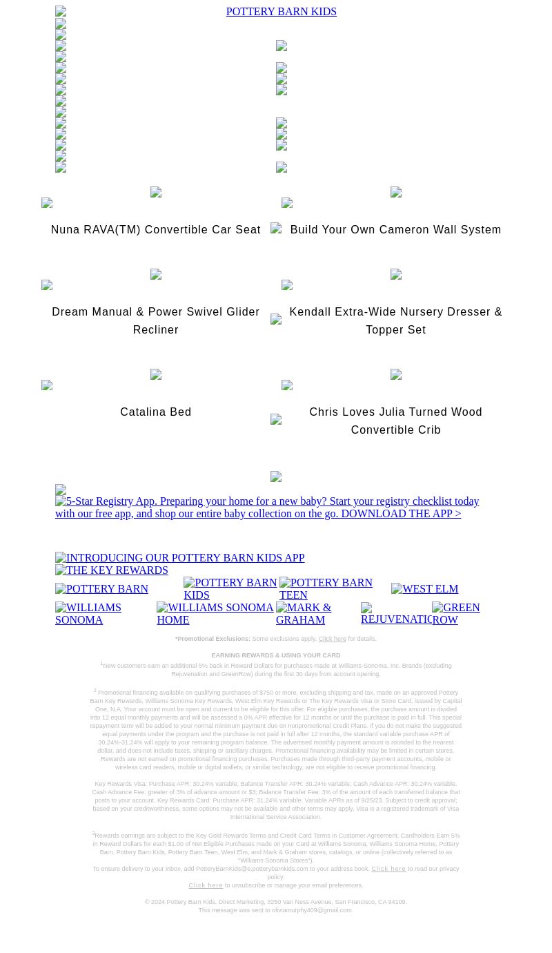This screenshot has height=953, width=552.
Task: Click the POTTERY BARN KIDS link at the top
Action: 281,12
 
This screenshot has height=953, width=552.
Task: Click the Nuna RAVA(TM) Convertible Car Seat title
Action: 155,230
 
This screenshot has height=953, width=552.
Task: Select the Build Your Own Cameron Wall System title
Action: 395,230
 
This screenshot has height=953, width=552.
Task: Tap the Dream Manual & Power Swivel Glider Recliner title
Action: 155,320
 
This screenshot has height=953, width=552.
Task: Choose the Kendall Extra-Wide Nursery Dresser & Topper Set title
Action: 395,320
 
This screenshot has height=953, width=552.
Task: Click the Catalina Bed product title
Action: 155,412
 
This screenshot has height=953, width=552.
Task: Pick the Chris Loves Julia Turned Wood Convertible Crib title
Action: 395,421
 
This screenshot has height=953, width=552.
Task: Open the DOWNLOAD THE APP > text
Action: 401,514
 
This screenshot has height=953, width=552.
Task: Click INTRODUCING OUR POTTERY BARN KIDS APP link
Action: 179,558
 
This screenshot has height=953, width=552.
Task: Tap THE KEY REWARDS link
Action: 112,570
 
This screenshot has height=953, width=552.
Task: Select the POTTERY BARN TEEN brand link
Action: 326,588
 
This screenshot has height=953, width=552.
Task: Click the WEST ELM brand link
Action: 424,589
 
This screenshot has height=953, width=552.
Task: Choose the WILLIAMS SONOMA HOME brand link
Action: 215,613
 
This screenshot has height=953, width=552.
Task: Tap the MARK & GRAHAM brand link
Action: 304,613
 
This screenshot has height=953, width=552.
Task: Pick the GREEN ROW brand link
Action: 456,613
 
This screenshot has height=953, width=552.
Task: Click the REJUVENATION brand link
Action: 396,614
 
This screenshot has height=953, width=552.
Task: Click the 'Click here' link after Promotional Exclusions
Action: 332,639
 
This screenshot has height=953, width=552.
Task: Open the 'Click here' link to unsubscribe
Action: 206,885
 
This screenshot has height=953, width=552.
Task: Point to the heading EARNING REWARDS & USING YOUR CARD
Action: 275,655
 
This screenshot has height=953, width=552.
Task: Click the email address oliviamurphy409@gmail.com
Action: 312,910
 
